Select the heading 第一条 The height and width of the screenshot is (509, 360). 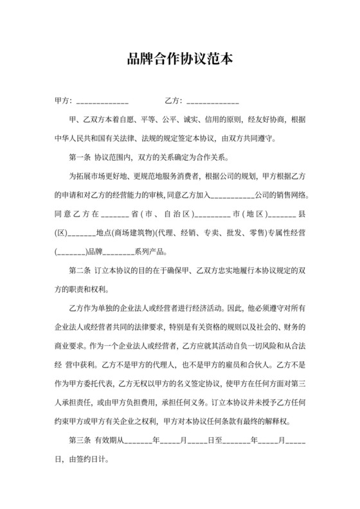[x=79, y=157]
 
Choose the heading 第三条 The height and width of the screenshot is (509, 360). [x=79, y=442]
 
